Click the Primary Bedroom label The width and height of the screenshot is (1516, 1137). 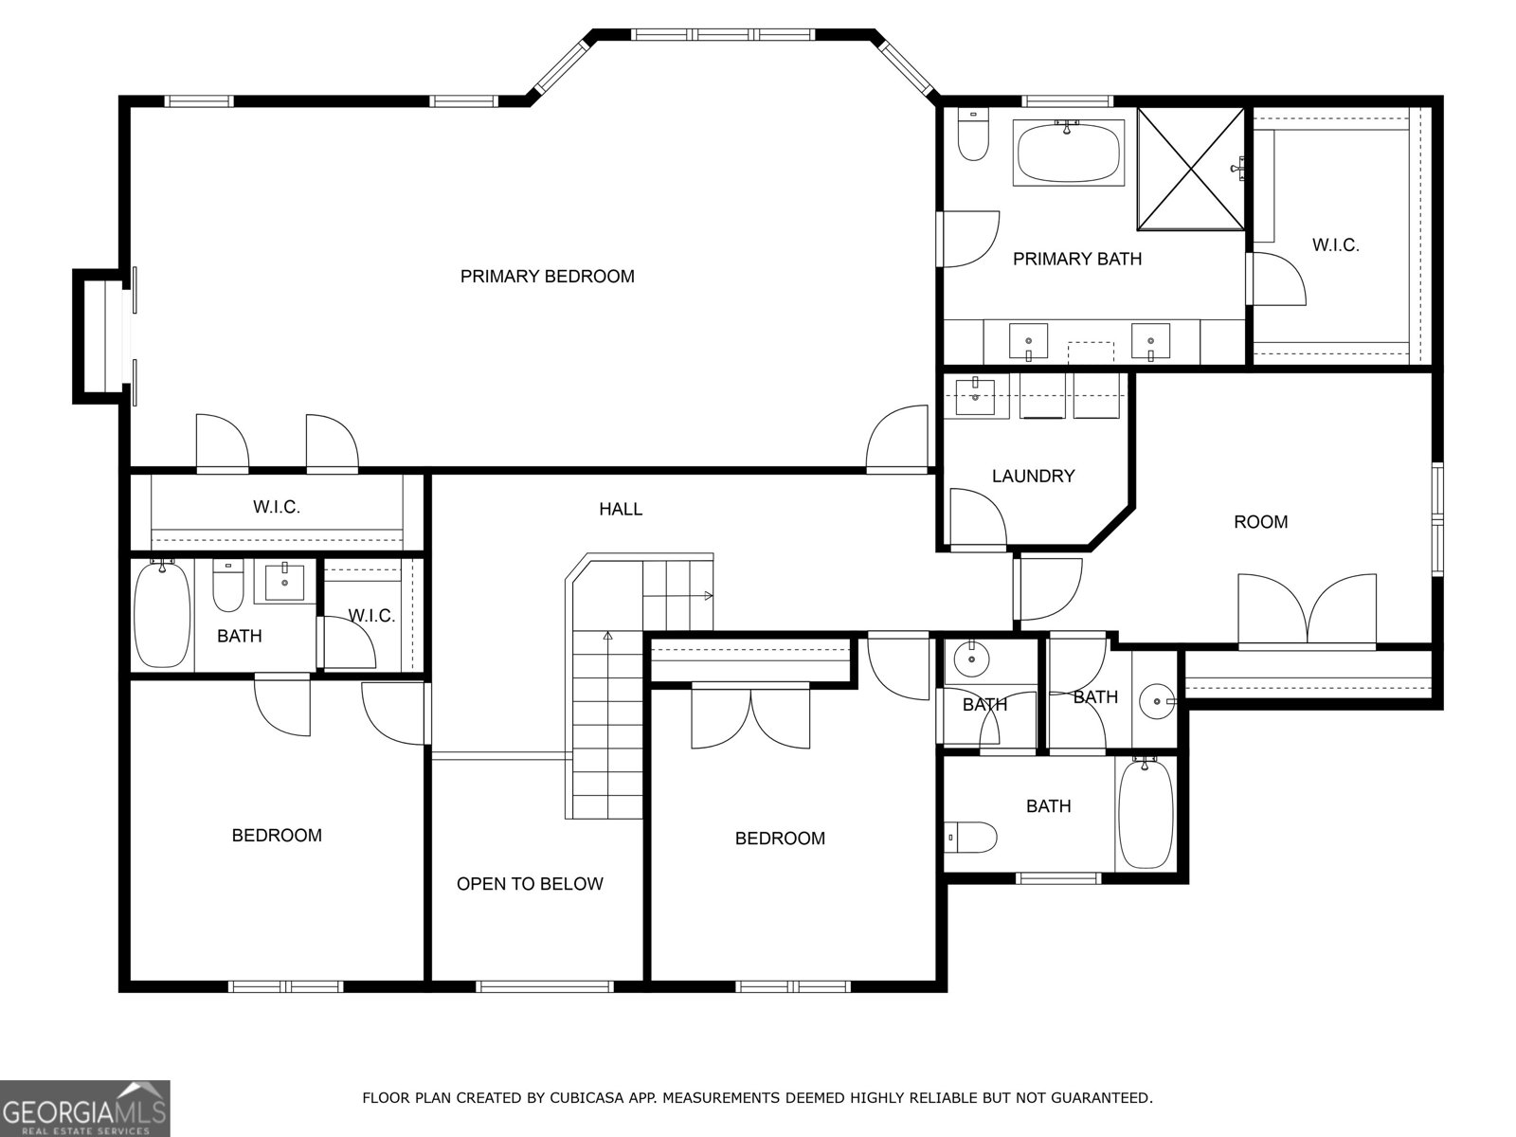[x=547, y=277]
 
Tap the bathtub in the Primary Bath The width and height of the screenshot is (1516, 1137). [x=1067, y=152]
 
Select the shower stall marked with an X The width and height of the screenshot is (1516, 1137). [x=1190, y=169]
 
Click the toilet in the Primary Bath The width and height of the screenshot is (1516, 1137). [x=972, y=135]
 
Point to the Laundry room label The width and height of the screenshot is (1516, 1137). [x=1033, y=476]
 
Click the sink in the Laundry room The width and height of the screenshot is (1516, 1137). [x=974, y=395]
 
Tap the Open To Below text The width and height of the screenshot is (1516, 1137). [x=530, y=884]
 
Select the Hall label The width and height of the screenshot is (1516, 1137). [x=621, y=509]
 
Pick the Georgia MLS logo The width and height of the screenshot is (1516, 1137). [x=84, y=1108]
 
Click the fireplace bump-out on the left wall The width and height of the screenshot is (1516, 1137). [x=98, y=335]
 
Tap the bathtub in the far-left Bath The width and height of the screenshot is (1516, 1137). [x=162, y=614]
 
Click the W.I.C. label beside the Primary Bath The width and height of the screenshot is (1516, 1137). [x=1335, y=245]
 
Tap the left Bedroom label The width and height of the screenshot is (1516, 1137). [x=277, y=835]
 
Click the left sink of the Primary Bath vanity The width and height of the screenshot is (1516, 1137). [x=1028, y=339]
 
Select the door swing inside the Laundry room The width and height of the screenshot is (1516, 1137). [x=977, y=516]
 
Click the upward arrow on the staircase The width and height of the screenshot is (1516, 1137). [x=606, y=637]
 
